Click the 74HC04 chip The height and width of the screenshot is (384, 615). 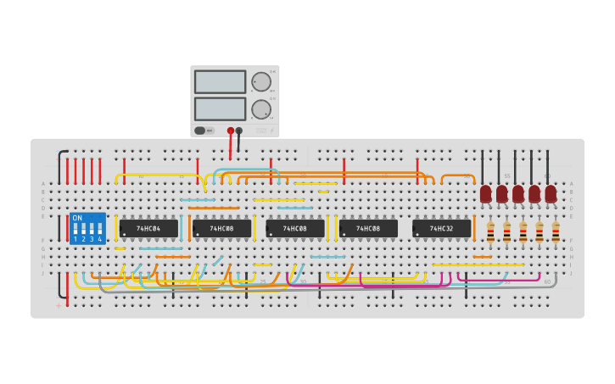pos(148,228)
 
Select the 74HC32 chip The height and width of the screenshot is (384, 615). pos(441,228)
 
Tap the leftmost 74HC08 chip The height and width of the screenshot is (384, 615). pos(221,228)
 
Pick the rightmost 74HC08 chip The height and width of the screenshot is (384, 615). pos(368,228)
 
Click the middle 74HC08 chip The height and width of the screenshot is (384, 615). pos(295,228)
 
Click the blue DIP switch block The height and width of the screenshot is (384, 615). pos(87,228)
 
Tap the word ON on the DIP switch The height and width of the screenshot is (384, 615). pos(77,218)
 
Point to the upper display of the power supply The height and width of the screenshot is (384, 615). pos(220,81)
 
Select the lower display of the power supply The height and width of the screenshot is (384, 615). pos(220,109)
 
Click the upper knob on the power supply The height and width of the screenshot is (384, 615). pos(261,82)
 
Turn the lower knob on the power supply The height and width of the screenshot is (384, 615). pos(261,109)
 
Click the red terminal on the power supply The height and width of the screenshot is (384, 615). pos(231,131)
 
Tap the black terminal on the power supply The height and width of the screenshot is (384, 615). pos(239,131)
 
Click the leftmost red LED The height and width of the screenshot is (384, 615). pos(485,194)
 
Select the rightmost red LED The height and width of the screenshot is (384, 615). pos(551,194)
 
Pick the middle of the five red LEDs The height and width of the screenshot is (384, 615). pos(518,194)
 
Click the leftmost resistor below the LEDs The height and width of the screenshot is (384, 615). pos(490,231)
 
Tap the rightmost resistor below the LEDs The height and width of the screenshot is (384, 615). pos(556,231)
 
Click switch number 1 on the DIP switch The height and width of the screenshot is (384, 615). pos(75,231)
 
